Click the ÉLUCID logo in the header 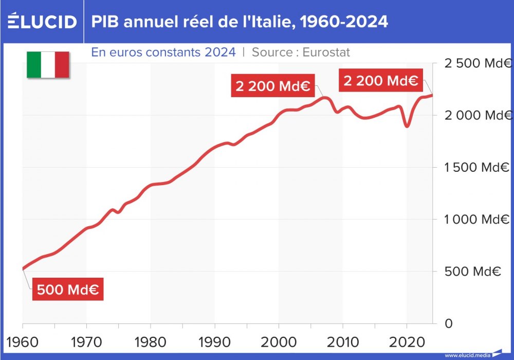click(42, 22)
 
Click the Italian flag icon click(48, 65)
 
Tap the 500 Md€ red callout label click(68, 290)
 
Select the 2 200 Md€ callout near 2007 click(272, 86)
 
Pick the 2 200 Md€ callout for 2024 click(380, 81)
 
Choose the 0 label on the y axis click(448, 323)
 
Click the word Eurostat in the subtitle click(326, 52)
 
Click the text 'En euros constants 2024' click(163, 52)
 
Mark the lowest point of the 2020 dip click(407, 126)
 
